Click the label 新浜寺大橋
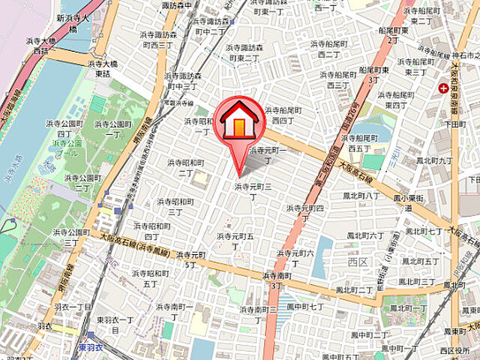(76, 22)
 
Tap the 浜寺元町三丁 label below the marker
(253, 191)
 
